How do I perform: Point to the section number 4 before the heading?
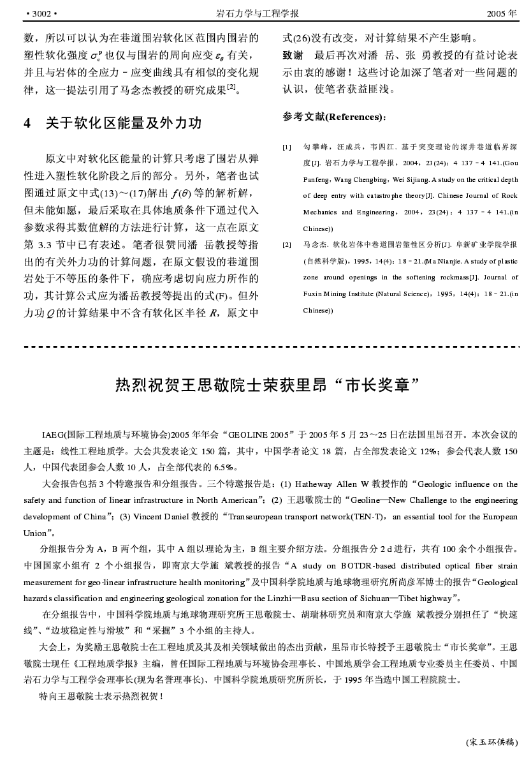27,123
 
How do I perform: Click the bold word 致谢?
292,55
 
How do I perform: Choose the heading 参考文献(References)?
334,117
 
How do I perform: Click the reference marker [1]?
287,147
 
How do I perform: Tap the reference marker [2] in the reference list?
287,244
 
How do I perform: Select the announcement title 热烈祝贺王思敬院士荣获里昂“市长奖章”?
268,385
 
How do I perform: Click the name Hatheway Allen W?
333,484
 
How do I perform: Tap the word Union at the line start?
35,533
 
